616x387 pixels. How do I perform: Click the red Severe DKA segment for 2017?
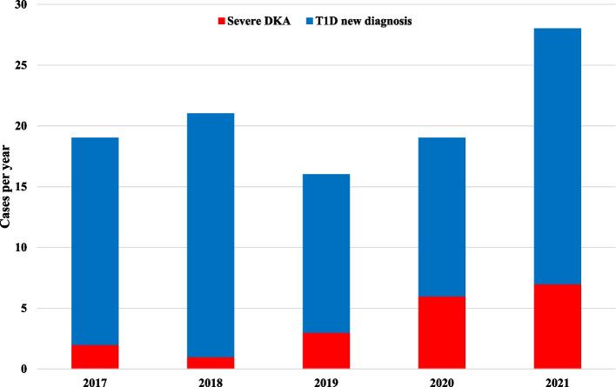point(96,357)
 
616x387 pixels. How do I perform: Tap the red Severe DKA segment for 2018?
point(211,363)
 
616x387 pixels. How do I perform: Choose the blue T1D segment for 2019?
point(326,253)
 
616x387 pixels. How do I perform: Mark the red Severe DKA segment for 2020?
point(442,332)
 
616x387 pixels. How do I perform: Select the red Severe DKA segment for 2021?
point(557,326)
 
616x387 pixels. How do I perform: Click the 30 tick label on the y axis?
point(21,5)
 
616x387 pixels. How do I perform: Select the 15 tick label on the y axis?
point(21,187)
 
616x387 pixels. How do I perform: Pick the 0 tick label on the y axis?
point(24,370)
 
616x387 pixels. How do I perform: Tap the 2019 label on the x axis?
point(326,380)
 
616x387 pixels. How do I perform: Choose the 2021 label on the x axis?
point(557,380)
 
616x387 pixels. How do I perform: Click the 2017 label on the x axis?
point(96,380)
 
